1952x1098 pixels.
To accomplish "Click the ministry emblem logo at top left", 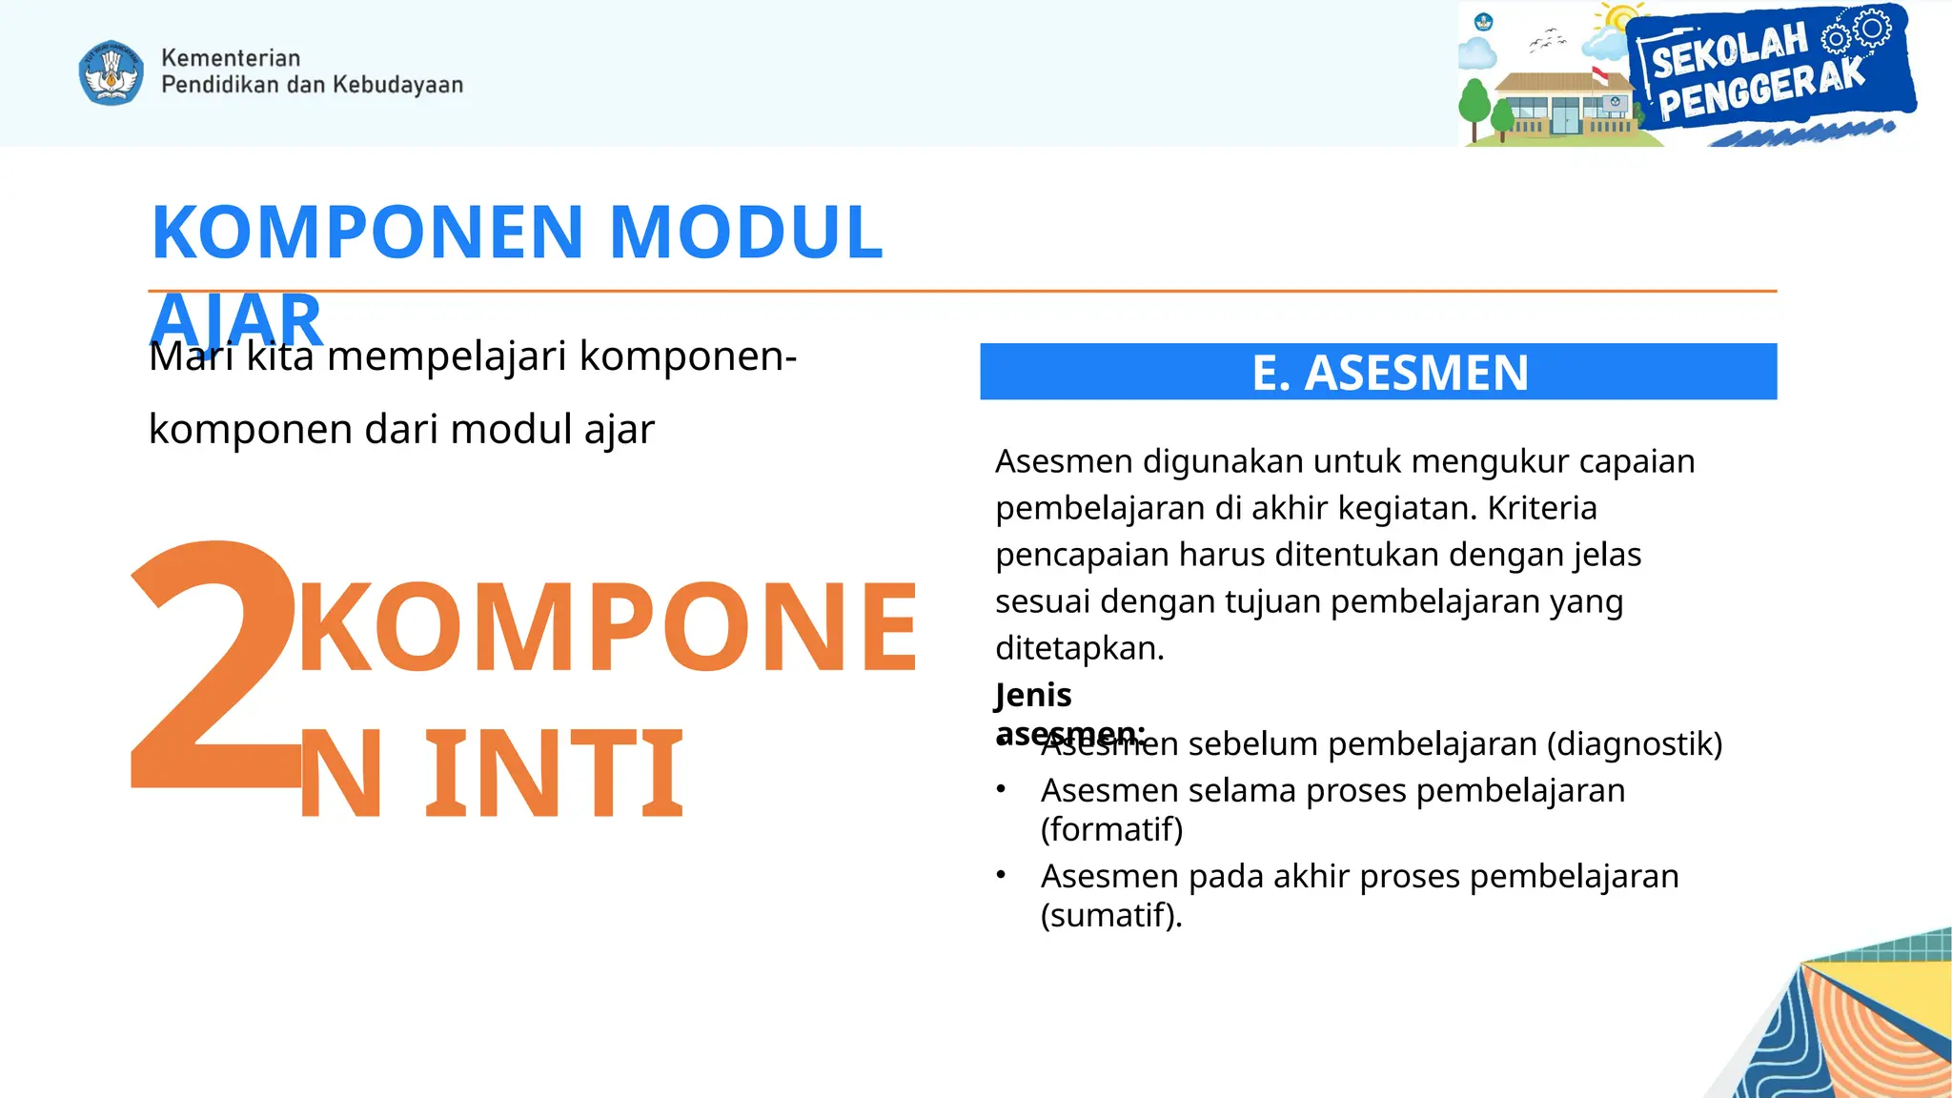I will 112,72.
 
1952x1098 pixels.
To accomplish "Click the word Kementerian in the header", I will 231,58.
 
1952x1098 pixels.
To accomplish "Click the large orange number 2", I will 214,667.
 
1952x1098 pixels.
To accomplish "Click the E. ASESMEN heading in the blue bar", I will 1390,373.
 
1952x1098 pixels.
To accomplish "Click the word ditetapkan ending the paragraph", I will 1079,648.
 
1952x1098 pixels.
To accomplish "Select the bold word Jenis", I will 1033,695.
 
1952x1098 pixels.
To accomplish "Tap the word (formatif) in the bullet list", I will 1111,829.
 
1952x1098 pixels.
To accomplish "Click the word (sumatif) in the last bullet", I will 1109,915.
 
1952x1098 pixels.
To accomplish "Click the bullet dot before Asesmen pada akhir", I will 1001,875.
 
